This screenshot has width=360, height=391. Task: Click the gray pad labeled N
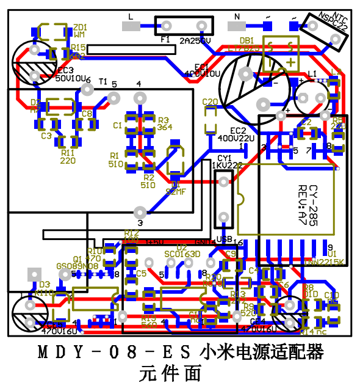click(x=237, y=26)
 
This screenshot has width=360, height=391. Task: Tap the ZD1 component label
click(x=80, y=27)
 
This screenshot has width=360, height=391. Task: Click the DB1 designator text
click(x=247, y=40)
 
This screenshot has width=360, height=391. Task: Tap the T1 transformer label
click(x=103, y=81)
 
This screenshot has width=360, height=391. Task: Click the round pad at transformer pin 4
click(x=140, y=97)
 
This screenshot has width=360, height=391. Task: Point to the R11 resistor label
click(x=68, y=153)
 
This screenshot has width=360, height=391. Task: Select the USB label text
click(x=224, y=239)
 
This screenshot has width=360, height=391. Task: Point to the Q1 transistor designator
click(x=77, y=259)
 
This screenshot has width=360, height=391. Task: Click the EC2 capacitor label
click(x=238, y=131)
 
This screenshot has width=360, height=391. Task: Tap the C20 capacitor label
click(x=209, y=101)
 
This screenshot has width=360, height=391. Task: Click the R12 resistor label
click(x=131, y=233)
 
